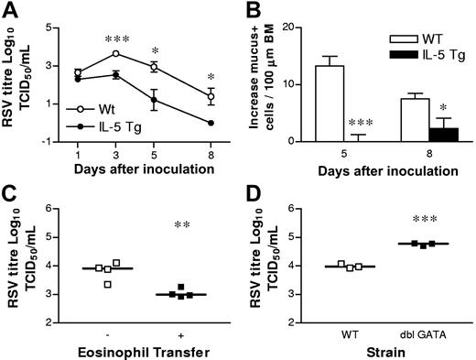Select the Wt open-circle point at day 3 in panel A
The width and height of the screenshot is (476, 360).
(x=116, y=54)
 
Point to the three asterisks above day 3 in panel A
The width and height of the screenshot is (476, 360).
(x=116, y=39)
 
